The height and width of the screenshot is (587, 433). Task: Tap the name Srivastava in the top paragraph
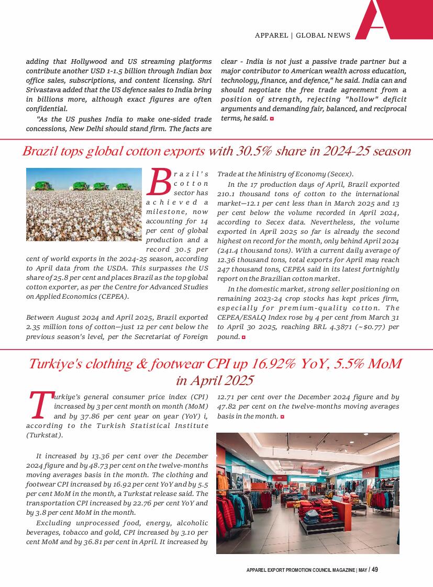(x=45, y=90)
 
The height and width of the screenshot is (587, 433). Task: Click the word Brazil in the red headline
(x=40, y=152)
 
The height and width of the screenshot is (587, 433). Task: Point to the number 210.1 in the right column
(x=227, y=194)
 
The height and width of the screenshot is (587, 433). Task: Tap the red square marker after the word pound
(x=243, y=337)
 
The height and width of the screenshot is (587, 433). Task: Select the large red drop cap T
(x=39, y=406)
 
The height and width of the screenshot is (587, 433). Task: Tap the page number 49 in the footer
(x=375, y=570)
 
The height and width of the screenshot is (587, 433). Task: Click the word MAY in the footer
(x=363, y=570)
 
